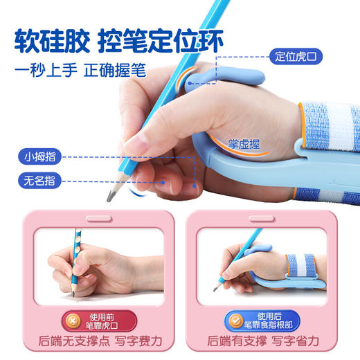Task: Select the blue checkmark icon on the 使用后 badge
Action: [233, 321]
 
